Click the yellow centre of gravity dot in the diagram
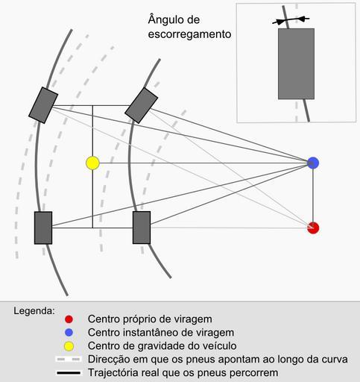tap(92, 163)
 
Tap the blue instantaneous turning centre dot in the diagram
tap(313, 163)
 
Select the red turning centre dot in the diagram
tap(313, 228)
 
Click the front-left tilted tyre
tap(43, 105)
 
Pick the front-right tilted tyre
tap(141, 105)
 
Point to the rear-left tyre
tap(43, 228)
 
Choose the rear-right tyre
tap(142, 228)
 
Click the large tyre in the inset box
tap(296, 64)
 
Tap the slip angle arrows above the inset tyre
tap(291, 20)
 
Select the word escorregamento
tap(189, 34)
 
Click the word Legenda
tap(34, 311)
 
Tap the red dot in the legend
tap(69, 319)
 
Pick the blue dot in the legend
tap(69, 333)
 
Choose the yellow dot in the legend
tap(69, 346)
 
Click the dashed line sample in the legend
tap(69, 360)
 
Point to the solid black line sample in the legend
tap(69, 373)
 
